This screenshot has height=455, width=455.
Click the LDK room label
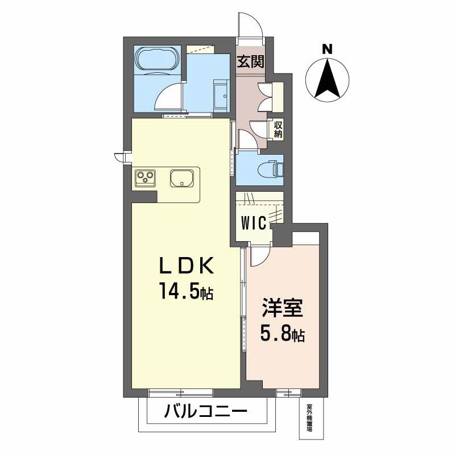coord(187,266)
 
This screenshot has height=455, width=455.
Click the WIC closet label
coord(253,223)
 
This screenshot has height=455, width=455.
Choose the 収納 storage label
coord(278,130)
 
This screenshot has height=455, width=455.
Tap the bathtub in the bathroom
coord(157,59)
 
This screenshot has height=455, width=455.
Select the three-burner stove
coord(146,179)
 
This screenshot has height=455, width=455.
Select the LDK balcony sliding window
coord(181,392)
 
